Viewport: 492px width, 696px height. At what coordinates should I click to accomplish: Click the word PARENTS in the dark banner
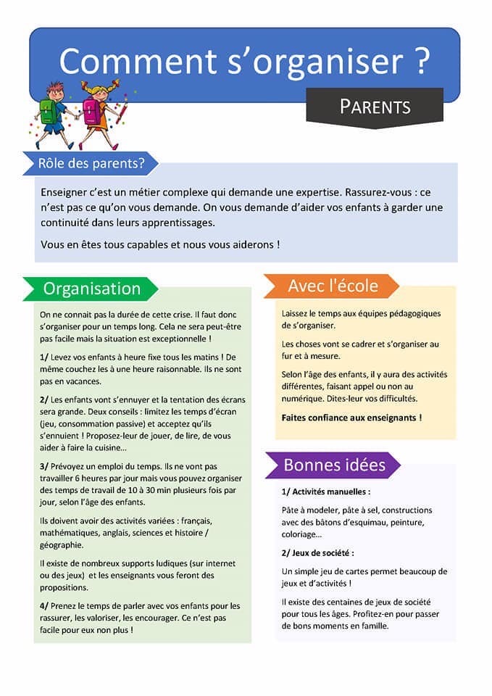375,107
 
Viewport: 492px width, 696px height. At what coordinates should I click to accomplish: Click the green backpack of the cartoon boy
49,111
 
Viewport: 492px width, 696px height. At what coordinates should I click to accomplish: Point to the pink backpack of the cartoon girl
91,111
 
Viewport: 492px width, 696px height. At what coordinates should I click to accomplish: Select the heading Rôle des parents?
91,164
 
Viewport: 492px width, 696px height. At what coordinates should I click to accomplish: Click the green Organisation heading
91,288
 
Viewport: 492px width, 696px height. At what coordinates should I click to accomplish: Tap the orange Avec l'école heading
333,286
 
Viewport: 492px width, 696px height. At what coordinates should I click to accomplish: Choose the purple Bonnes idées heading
334,464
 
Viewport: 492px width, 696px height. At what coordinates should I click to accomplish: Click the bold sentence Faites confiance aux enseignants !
351,418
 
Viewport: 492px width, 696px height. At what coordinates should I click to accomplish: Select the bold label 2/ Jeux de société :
317,552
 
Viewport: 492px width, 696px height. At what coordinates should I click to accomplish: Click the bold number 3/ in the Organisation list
45,467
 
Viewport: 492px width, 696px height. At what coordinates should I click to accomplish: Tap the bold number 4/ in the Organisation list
45,605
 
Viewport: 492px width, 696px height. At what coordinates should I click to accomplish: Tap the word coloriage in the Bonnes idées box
299,534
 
